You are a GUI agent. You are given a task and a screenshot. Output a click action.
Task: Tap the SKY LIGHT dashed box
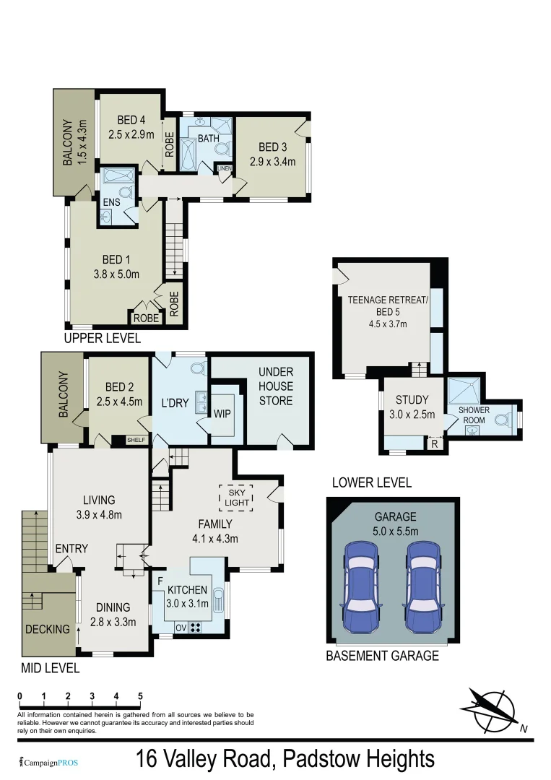point(235,497)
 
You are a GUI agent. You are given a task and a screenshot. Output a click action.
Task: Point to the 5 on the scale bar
point(140,696)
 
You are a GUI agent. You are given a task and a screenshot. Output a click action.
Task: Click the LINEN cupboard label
point(225,169)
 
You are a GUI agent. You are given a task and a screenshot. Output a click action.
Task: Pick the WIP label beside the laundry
point(222,415)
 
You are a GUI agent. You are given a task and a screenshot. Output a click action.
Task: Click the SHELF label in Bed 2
point(135,439)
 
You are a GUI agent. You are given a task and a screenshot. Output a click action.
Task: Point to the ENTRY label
point(71,548)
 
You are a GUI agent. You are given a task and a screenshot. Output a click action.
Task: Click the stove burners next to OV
point(195,626)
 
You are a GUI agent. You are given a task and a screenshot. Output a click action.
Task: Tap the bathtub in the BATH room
point(188,155)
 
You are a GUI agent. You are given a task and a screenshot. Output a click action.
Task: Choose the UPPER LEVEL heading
point(102,338)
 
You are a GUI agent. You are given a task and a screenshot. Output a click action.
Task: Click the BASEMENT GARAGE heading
point(382,656)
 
